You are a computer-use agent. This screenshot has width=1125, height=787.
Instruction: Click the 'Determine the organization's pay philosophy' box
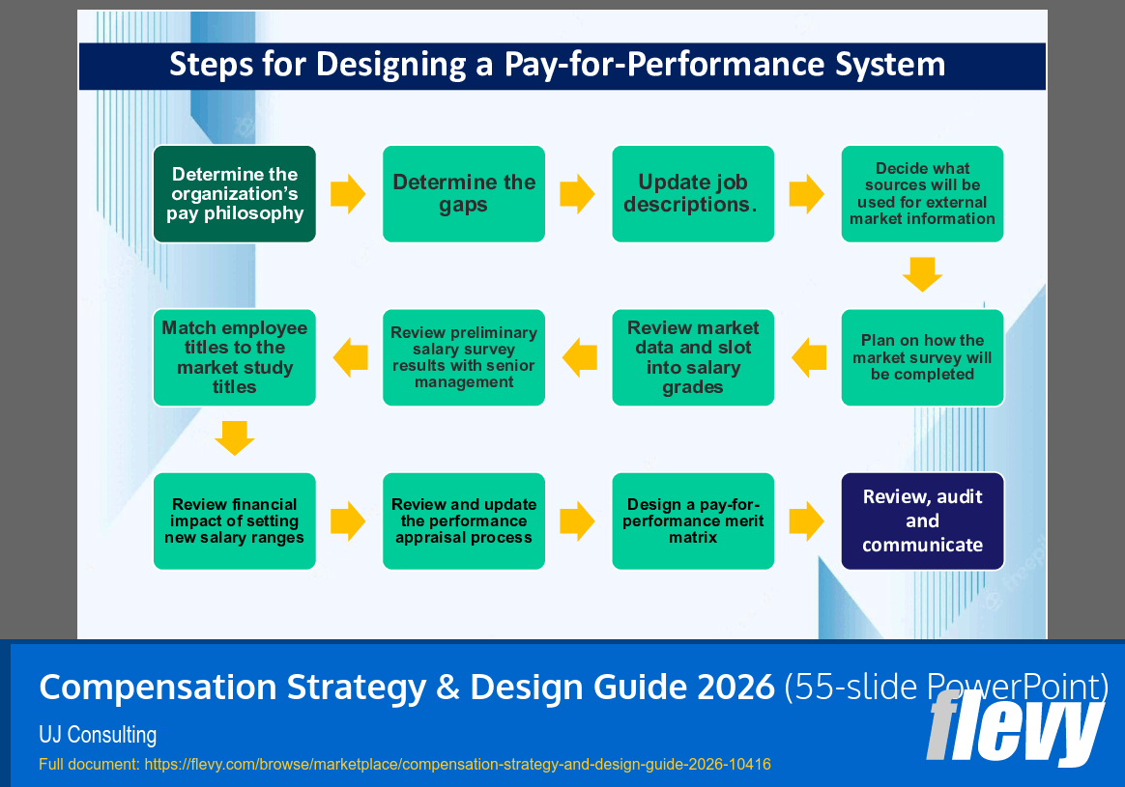point(235,194)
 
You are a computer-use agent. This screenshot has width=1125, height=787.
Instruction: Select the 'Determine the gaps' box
point(464,194)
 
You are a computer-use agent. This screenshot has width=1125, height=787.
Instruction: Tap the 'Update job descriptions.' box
point(693,194)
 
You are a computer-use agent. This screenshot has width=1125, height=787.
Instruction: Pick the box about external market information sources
point(922,194)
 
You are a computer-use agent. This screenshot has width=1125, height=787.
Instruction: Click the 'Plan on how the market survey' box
point(922,357)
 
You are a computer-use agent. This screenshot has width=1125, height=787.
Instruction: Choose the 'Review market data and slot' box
point(693,357)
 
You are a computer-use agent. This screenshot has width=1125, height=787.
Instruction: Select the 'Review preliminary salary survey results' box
point(464,357)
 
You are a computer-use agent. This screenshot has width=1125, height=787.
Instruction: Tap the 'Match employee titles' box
point(235,357)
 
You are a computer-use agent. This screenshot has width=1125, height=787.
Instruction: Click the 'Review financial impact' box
point(235,521)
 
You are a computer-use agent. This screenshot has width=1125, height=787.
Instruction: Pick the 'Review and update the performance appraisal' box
point(464,521)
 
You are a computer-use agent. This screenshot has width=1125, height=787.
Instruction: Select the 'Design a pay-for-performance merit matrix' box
point(693,521)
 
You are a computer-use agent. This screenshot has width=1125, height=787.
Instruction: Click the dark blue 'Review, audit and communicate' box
point(922,521)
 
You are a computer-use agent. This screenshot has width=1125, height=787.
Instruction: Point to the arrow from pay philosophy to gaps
point(348,194)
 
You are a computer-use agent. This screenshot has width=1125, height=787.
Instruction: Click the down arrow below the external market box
point(922,274)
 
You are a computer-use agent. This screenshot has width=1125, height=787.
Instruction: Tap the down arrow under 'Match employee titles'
point(235,438)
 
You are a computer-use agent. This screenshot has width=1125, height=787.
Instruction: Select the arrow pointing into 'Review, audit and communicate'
point(806,521)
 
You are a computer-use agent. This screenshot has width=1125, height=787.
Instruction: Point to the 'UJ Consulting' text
point(98,735)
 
